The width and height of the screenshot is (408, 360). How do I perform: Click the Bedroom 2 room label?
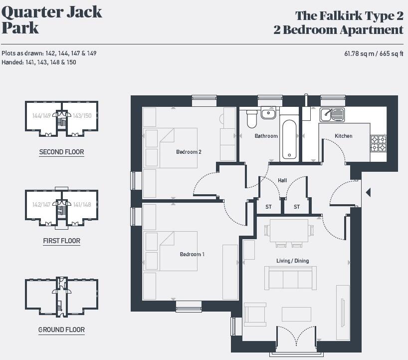(x=189, y=152)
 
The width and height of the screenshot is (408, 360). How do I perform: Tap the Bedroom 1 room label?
(x=192, y=255)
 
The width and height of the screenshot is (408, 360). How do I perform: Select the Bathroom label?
(x=266, y=136)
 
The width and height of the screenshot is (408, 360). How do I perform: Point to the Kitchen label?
(x=343, y=136)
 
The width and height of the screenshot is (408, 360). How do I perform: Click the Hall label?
(x=282, y=180)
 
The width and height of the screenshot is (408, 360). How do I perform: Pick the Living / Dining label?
(x=292, y=261)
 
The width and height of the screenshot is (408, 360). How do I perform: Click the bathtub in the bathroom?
(x=290, y=138)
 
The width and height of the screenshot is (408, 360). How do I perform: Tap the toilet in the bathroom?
(x=251, y=119)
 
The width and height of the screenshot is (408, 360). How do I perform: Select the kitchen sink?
(x=332, y=115)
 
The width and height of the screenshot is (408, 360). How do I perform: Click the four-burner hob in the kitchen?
(x=378, y=143)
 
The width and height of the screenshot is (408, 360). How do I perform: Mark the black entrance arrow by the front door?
(x=368, y=192)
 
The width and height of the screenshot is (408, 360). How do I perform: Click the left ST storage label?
(x=268, y=207)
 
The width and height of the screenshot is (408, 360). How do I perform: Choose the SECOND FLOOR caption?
(x=61, y=152)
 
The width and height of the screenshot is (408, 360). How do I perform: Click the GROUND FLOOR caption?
(x=61, y=330)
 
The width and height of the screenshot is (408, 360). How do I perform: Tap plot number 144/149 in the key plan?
(x=41, y=115)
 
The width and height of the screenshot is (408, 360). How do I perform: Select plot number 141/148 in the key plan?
(x=82, y=204)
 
